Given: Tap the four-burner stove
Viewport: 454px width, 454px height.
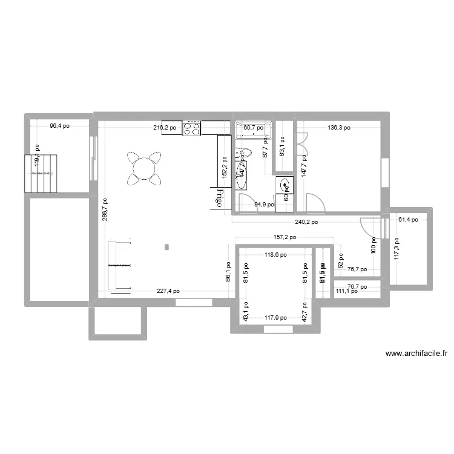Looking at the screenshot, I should click(192, 128).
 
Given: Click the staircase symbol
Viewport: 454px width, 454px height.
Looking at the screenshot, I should click(40, 173).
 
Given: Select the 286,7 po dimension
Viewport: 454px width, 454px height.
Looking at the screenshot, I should click(105, 210).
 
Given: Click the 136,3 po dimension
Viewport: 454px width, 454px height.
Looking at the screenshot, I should click(339, 128).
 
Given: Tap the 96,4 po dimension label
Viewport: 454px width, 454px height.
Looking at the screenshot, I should click(59, 126).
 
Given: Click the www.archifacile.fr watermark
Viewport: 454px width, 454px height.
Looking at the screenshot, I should click(416, 354).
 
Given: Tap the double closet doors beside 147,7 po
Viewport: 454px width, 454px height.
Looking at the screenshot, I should click(302, 143).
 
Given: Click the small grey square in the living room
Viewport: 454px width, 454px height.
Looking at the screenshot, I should click(166, 247).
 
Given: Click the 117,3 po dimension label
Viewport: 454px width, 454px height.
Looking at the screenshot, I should click(397, 248).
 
